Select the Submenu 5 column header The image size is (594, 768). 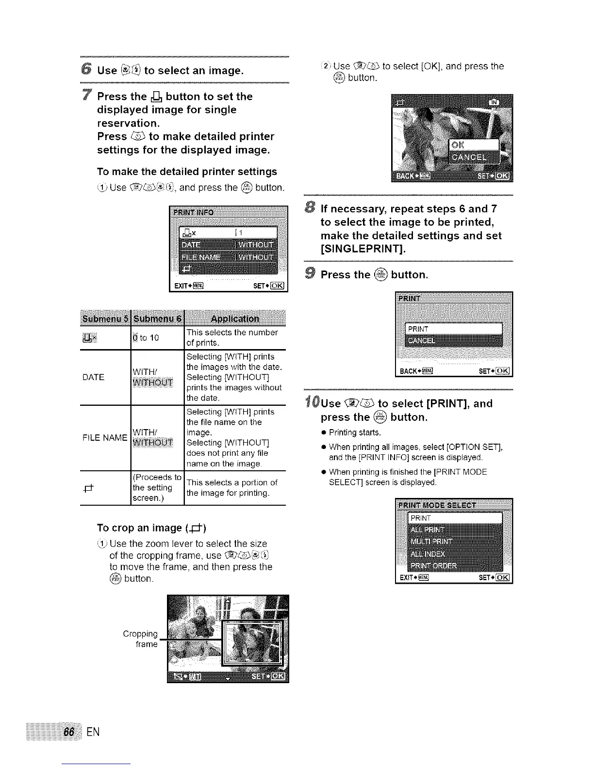(x=105, y=319)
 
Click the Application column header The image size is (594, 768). (x=235, y=319)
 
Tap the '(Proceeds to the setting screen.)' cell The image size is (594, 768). (x=156, y=487)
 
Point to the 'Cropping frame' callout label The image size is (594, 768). (x=141, y=639)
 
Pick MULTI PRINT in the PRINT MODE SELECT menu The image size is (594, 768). (x=431, y=542)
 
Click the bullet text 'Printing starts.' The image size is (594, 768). (x=355, y=432)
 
